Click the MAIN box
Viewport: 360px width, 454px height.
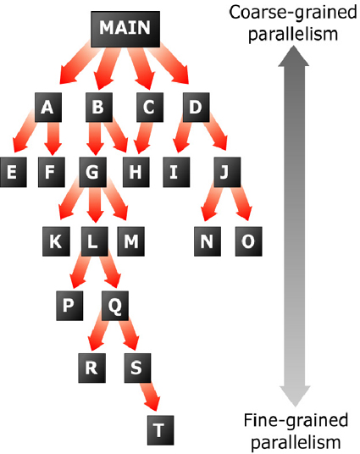(125, 29)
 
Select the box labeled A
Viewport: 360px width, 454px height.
(48, 107)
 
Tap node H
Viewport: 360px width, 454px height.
(136, 172)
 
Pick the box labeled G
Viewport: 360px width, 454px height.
(92, 172)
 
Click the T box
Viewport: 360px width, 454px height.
(160, 430)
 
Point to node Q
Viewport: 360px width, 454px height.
(115, 306)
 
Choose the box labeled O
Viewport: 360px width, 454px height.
(248, 241)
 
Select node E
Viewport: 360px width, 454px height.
(14, 172)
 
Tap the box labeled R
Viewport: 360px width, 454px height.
(91, 368)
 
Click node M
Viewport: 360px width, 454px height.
(131, 241)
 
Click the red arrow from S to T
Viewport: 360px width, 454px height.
(149, 396)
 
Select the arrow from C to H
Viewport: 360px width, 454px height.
(144, 137)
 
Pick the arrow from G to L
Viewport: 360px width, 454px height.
(95, 204)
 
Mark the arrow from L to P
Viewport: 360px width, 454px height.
(80, 272)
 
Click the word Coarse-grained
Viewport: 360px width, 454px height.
(292, 13)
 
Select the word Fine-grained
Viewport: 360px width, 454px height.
(296, 420)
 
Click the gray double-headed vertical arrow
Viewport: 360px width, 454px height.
(294, 226)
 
